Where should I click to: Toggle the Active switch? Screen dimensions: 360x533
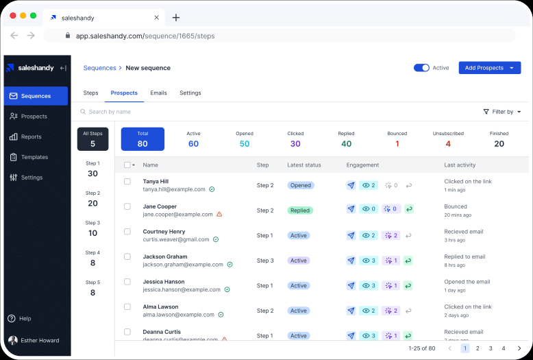coord(421,68)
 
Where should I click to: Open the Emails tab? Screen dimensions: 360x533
coord(158,93)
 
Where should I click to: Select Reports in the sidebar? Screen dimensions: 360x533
coord(31,137)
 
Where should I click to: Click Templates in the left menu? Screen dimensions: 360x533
coord(34,157)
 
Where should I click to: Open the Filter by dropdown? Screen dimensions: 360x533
coord(502,112)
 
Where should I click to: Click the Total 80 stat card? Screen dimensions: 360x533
coord(142,139)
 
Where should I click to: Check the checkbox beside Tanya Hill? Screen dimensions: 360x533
coord(127,182)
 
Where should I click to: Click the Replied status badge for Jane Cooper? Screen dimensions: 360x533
coord(300,211)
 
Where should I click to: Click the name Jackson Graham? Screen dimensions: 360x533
coord(164,256)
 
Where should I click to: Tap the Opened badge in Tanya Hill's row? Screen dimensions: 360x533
coord(300,185)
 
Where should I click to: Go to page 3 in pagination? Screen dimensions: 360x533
coord(491,348)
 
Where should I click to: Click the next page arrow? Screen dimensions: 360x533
coord(519,348)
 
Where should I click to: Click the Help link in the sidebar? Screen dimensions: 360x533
coord(25,319)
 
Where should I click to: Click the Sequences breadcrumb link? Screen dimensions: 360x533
coord(99,68)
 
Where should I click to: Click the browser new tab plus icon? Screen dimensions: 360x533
coord(176,17)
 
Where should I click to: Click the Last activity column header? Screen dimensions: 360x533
coord(460,165)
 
